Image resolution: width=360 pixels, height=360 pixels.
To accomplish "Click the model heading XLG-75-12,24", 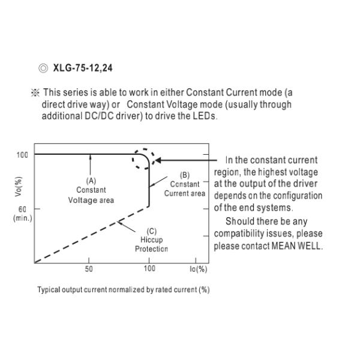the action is point(83,68).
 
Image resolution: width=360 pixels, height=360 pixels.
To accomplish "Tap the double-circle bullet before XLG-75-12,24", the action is point(43,68).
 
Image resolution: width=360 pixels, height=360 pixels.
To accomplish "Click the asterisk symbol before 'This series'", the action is point(35,93).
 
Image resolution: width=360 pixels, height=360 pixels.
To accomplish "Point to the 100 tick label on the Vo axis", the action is point(22,155).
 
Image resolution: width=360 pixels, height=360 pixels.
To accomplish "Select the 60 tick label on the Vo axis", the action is point(22,209).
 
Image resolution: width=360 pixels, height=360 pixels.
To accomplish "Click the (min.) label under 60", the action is point(23,218).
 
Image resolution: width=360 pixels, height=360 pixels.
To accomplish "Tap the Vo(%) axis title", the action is point(19,187).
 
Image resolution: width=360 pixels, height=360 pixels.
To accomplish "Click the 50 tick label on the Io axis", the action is point(89,269).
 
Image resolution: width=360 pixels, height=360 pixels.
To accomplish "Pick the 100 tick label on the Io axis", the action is point(149,268).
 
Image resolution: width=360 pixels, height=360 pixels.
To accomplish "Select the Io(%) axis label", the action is point(199,269).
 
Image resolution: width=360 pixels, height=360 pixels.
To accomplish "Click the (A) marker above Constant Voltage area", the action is point(91,181).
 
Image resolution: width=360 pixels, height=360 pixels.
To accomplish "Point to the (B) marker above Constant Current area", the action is point(185,175).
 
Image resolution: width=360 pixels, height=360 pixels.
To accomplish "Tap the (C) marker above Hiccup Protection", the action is point(152,231).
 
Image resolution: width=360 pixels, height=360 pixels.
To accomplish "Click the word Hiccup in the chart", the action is point(152,240).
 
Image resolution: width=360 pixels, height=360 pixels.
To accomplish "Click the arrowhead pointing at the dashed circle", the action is point(158,160).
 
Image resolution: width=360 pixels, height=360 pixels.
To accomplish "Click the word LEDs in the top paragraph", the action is point(204,116).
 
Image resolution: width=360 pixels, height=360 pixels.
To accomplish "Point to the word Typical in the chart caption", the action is point(49,290).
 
